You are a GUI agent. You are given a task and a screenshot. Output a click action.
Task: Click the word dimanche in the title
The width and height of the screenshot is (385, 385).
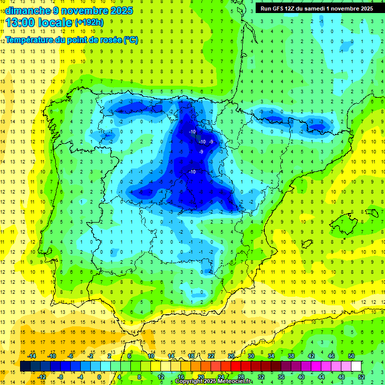pyautogui.click(x=26, y=10)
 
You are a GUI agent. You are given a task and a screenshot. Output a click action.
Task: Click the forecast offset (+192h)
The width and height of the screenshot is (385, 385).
pyautogui.click(x=89, y=23)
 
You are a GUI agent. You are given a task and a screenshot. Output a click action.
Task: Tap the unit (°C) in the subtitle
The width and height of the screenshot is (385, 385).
pyautogui.click(x=130, y=40)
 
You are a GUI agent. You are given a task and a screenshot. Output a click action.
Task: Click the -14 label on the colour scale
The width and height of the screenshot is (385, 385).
pyautogui.click(x=33, y=356)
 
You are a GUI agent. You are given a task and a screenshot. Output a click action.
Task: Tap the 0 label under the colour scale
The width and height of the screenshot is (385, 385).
pyautogui.click(x=99, y=377)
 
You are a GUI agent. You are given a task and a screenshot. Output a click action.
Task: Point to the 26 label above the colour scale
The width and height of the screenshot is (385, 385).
pyautogui.click(x=231, y=356)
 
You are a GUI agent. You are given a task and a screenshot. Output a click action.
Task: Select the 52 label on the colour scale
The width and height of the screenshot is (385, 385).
pyautogui.click(x=361, y=377)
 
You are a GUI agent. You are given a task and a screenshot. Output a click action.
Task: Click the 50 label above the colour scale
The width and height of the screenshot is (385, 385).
pyautogui.click(x=351, y=356)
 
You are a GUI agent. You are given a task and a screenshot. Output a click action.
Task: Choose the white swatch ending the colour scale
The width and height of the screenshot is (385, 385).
pyautogui.click(x=356, y=366)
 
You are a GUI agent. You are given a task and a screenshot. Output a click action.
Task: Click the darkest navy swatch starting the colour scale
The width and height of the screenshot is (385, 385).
pyautogui.click(x=25, y=366)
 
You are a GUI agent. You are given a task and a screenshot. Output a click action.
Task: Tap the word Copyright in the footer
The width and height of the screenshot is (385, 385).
pyautogui.click(x=190, y=381)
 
